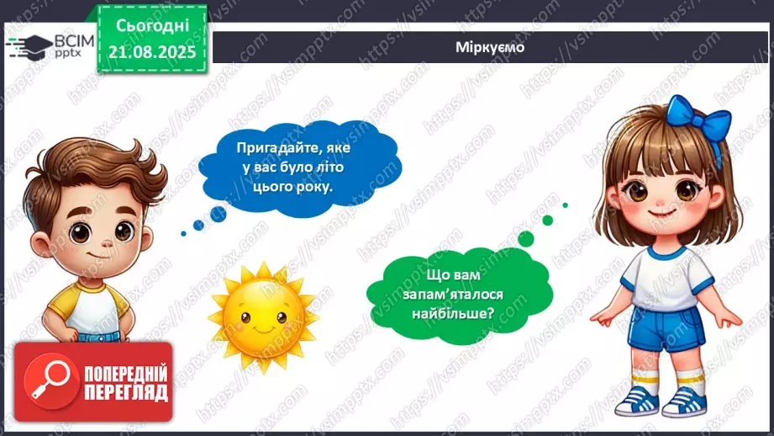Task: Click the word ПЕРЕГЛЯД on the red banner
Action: (126, 391)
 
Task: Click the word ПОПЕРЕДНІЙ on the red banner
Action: (126, 373)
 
